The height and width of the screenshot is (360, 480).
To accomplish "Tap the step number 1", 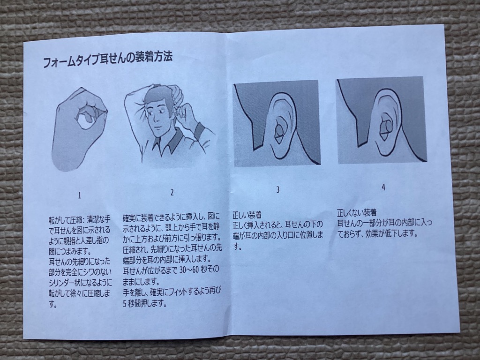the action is pyautogui.click(x=80, y=195).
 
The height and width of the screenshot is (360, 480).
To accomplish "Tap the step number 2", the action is pyautogui.click(x=172, y=192).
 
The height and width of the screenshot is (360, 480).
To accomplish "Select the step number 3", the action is pyautogui.click(x=277, y=190).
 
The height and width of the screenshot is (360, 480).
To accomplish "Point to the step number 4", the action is pyautogui.click(x=383, y=187).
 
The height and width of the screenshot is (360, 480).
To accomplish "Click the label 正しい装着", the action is pyautogui.click(x=247, y=214).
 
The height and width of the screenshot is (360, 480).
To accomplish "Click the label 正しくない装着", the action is pyautogui.click(x=357, y=212).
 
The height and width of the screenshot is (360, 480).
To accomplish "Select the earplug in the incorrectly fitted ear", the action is pyautogui.click(x=386, y=129).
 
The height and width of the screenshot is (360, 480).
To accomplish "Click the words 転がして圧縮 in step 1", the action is pyautogui.click(x=65, y=219).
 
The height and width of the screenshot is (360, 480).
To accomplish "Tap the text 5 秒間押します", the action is pyautogui.click(x=145, y=304).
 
